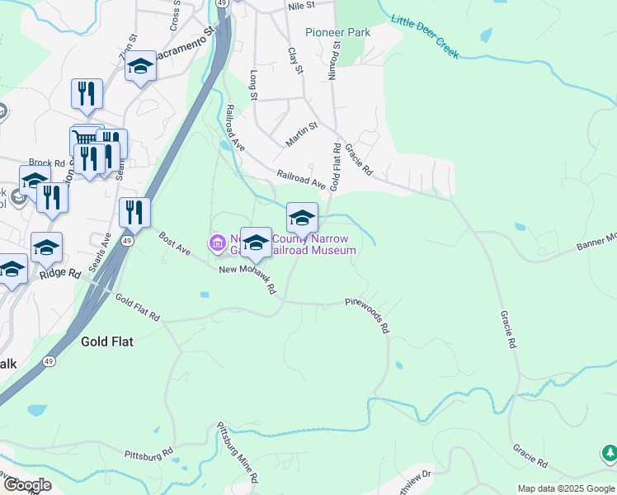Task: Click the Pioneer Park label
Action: point(337,32)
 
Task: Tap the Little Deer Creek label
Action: point(425,36)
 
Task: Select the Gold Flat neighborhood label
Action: point(108,340)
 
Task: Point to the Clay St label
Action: point(293,59)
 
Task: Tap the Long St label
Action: point(253,85)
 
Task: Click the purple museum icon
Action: point(218,243)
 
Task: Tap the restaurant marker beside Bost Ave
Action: point(134,212)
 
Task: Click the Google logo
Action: point(26,485)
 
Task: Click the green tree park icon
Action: point(610,453)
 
